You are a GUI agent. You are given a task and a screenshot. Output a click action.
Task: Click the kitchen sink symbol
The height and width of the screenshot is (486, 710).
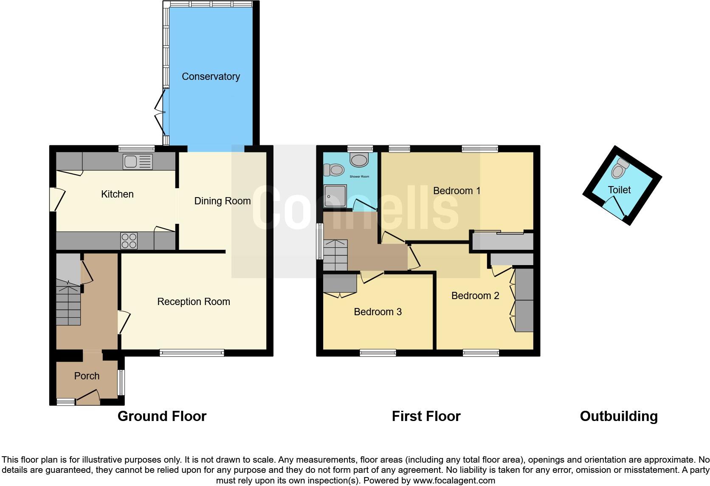pyautogui.click(x=138, y=161)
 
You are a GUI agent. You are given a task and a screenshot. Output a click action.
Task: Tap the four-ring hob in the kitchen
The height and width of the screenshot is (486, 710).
pyautogui.click(x=129, y=241)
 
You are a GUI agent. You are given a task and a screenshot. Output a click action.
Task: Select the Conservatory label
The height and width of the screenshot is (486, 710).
pyautogui.click(x=211, y=76)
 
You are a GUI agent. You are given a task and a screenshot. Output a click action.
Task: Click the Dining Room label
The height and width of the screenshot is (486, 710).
pyautogui.click(x=222, y=201)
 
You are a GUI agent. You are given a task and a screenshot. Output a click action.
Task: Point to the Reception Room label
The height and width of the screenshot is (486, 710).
pyautogui.click(x=193, y=302)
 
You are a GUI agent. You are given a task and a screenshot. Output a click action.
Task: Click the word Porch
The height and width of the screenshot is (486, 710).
pyautogui.click(x=87, y=376)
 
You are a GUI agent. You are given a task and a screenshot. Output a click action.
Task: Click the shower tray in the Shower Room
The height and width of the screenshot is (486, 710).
pyautogui.click(x=335, y=196)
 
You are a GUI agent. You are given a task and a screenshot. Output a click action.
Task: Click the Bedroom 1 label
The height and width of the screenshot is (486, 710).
pyautogui.click(x=456, y=191)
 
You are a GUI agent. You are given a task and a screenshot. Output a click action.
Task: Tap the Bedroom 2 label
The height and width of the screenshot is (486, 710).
pyautogui.click(x=475, y=296)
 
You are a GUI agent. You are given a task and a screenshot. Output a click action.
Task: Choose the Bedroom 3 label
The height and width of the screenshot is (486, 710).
pyautogui.click(x=378, y=312)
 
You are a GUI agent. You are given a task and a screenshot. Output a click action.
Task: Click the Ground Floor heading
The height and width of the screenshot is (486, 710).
pyautogui.click(x=162, y=416)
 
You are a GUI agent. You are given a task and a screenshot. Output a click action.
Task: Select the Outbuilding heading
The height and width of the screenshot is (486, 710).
pyautogui.click(x=619, y=416)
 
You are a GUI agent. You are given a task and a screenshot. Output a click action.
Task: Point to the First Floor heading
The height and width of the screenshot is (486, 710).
pyautogui.click(x=426, y=416)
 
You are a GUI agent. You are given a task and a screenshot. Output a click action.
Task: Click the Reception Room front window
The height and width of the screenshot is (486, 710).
pyautogui.click(x=192, y=353)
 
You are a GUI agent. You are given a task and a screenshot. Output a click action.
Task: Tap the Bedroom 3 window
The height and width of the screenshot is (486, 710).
pyautogui.click(x=378, y=353)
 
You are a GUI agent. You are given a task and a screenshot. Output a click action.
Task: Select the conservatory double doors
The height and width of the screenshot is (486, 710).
pyautogui.click(x=160, y=113)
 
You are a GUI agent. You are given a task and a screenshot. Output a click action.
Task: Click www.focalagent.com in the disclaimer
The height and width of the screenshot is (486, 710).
pyautogui.click(x=454, y=480)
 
